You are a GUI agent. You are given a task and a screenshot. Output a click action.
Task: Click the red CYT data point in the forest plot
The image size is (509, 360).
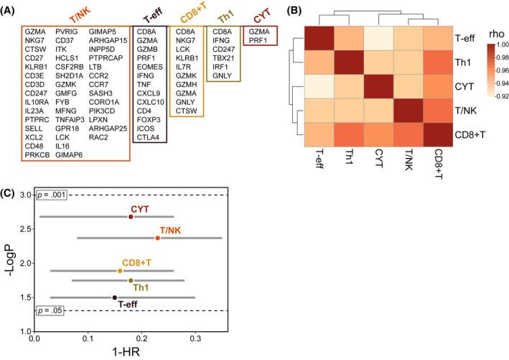click(131, 216)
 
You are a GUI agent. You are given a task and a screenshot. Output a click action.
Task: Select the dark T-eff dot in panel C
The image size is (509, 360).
click(115, 297)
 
